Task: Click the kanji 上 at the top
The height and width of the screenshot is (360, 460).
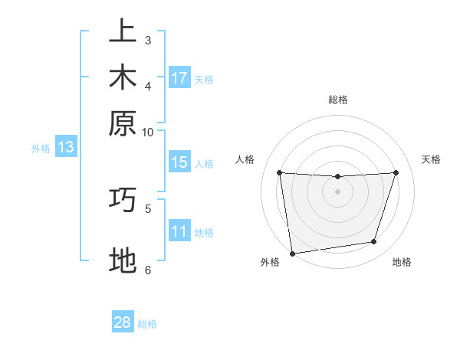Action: click(x=123, y=33)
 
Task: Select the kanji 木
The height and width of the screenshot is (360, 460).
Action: click(x=123, y=78)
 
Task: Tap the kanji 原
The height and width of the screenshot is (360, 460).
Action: click(x=123, y=123)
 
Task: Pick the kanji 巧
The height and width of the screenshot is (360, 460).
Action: click(x=123, y=200)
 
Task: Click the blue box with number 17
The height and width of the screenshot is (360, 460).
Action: click(x=179, y=78)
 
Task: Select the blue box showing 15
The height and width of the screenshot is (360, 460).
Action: click(x=179, y=162)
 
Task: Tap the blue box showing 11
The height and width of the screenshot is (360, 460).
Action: click(x=179, y=231)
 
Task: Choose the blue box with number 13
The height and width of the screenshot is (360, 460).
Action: click(x=66, y=148)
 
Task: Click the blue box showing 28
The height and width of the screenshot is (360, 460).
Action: click(x=123, y=322)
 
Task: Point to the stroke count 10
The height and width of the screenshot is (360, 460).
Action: click(x=148, y=132)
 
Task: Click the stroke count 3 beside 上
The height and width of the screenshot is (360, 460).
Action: click(x=148, y=40)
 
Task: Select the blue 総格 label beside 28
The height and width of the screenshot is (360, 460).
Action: click(x=148, y=324)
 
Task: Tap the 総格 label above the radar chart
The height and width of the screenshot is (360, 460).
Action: click(x=337, y=100)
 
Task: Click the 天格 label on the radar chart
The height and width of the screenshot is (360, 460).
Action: click(x=431, y=159)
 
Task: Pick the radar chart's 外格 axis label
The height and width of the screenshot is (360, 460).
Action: click(x=270, y=263)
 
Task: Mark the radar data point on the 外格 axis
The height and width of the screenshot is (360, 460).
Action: click(x=292, y=253)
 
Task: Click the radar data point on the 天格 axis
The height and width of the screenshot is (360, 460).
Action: click(x=396, y=172)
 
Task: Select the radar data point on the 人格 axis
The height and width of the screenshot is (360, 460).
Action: click(x=279, y=172)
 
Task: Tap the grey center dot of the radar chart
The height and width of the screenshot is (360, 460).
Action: click(x=337, y=191)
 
